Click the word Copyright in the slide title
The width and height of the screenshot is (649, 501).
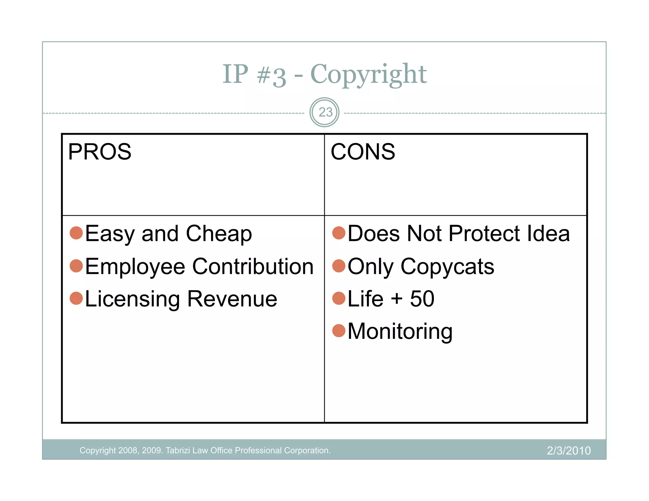[x=368, y=74]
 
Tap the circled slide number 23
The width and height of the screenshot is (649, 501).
[x=324, y=112]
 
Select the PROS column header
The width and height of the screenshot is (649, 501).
[x=100, y=152]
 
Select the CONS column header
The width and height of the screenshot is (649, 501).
[x=363, y=152]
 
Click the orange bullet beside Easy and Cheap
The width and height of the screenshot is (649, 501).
[x=76, y=233]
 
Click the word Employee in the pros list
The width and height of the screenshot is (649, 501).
[x=135, y=267]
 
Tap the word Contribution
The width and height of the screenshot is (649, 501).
[x=253, y=266]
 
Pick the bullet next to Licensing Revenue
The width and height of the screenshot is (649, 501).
[x=76, y=298]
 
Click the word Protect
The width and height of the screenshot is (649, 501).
[x=484, y=233]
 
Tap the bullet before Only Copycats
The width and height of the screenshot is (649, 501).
[x=339, y=265]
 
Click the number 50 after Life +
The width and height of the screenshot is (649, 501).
[x=422, y=299]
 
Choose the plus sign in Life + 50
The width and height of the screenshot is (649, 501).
[x=397, y=299]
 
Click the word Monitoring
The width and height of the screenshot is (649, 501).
[x=400, y=332]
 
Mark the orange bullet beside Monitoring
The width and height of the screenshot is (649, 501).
[x=339, y=331]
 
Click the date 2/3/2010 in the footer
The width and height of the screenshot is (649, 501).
[x=569, y=451]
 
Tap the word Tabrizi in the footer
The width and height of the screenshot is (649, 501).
[x=178, y=450]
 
